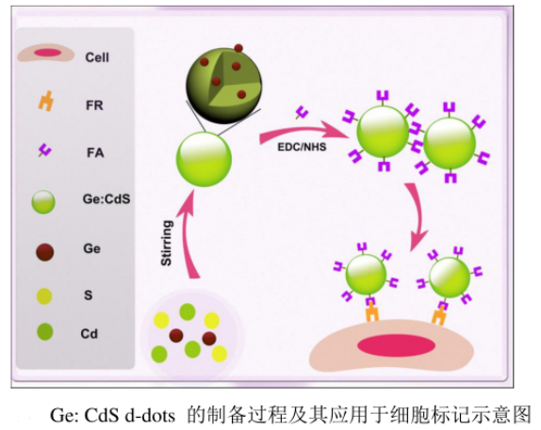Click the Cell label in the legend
(96, 57)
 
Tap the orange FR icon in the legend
(44, 104)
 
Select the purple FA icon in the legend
(44, 151)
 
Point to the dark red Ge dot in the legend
(44, 251)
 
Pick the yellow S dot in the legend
(44, 295)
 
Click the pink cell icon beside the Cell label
(45, 55)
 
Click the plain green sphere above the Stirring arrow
(205, 158)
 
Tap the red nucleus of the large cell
(395, 344)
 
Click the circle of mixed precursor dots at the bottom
(192, 335)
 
